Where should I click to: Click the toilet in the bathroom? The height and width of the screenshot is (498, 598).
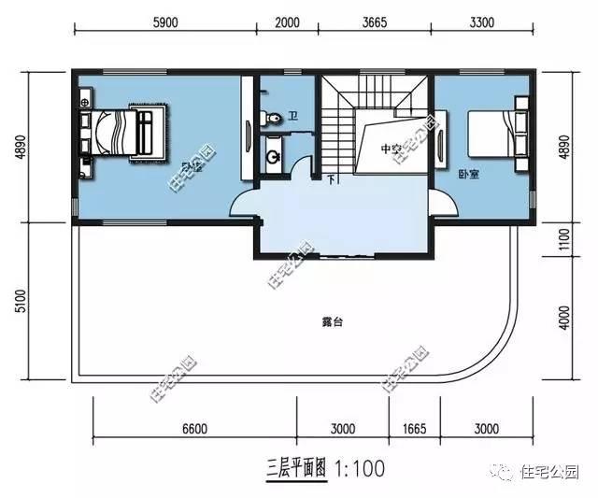click(x=271, y=119)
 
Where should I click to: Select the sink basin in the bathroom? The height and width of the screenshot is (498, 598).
click(x=275, y=155)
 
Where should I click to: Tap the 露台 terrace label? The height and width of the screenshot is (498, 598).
click(x=333, y=321)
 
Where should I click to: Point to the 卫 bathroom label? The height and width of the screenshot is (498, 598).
click(x=292, y=117)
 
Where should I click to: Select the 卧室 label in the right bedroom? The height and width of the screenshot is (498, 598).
click(x=468, y=174)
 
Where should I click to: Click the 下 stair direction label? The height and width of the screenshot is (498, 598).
click(x=330, y=178)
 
